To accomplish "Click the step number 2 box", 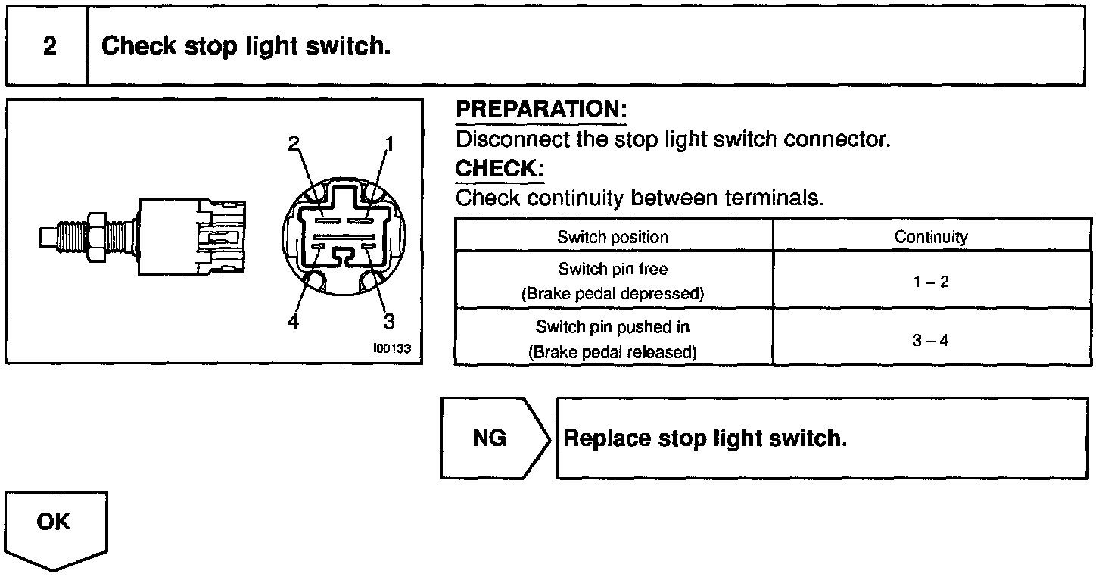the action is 48,46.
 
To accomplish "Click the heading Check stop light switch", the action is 246,46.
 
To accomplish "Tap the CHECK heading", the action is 500,168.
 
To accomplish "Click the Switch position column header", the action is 613,237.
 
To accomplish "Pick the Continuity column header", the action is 931,237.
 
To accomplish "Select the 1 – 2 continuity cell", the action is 931,282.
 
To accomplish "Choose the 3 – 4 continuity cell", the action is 931,340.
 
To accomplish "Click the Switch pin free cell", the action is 613,280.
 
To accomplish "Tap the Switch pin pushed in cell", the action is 613,339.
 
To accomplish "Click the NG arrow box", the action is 492,438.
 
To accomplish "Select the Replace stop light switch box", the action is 821,438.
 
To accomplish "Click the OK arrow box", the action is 54,526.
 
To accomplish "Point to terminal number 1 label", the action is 390,142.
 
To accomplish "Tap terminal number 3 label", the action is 389,321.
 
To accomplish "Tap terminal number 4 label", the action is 294,321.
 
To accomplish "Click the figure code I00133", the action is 391,349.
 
